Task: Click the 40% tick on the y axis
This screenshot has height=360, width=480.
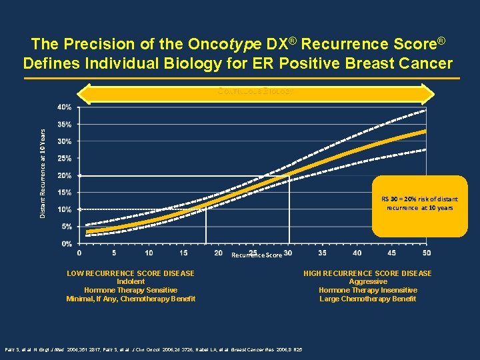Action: click(64, 107)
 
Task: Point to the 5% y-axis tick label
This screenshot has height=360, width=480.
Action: click(66, 226)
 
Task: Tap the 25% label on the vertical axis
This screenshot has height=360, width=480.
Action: click(64, 158)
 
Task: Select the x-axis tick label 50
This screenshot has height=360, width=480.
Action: click(427, 253)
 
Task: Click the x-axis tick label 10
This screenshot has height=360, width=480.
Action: click(149, 253)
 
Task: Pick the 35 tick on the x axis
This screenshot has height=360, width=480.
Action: click(323, 253)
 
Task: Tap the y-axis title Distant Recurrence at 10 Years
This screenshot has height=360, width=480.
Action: click(43, 173)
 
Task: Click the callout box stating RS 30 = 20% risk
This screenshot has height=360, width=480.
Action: click(419, 206)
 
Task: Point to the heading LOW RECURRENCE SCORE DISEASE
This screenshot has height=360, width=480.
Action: click(131, 273)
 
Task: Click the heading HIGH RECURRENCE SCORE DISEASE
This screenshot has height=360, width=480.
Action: click(367, 273)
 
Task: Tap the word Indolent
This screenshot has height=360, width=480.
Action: click(131, 282)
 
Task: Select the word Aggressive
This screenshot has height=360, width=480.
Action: click(367, 282)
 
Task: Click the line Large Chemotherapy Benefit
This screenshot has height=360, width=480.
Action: click(367, 299)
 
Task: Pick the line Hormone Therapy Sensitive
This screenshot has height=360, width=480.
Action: click(131, 290)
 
